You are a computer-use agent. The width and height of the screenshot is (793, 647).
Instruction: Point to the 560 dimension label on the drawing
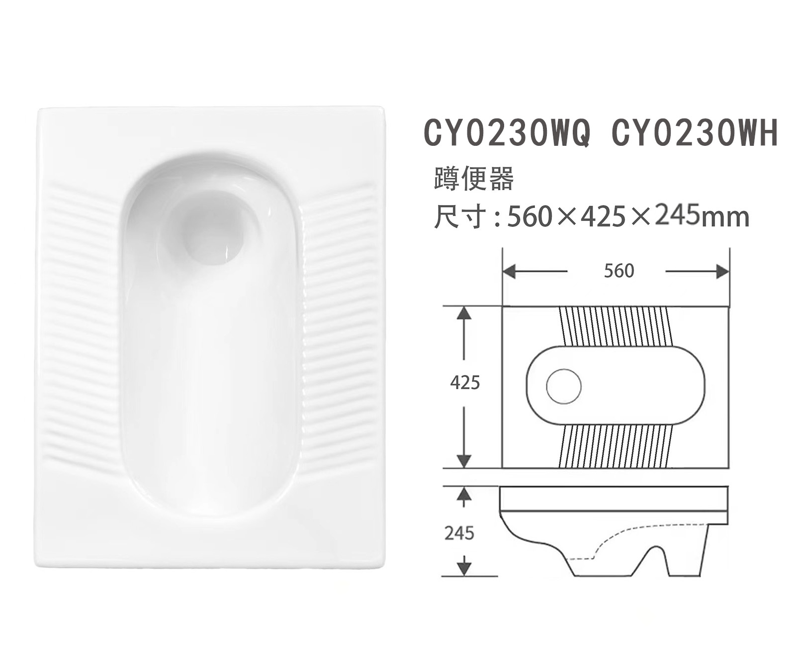coord(619,271)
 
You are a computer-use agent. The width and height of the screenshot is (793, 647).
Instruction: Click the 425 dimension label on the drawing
coord(465,382)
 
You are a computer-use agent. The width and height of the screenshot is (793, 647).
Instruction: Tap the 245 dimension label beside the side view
coord(459,534)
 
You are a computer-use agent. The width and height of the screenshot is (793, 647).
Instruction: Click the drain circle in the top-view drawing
coord(564,386)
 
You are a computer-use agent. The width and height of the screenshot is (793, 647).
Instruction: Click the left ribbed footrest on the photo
coord(80,323)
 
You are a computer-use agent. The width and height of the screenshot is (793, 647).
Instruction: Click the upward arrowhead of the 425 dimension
coord(463,314)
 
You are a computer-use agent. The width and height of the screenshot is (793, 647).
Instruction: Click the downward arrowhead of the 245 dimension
coord(463,568)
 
